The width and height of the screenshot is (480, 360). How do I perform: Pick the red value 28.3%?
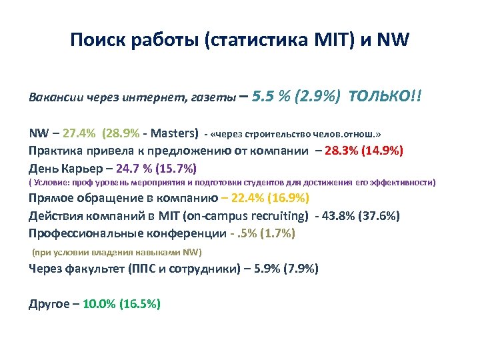(x=340, y=150)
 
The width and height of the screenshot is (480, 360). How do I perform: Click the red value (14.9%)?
(x=380, y=150)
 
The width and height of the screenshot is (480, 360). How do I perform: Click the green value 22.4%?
(x=250, y=199)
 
